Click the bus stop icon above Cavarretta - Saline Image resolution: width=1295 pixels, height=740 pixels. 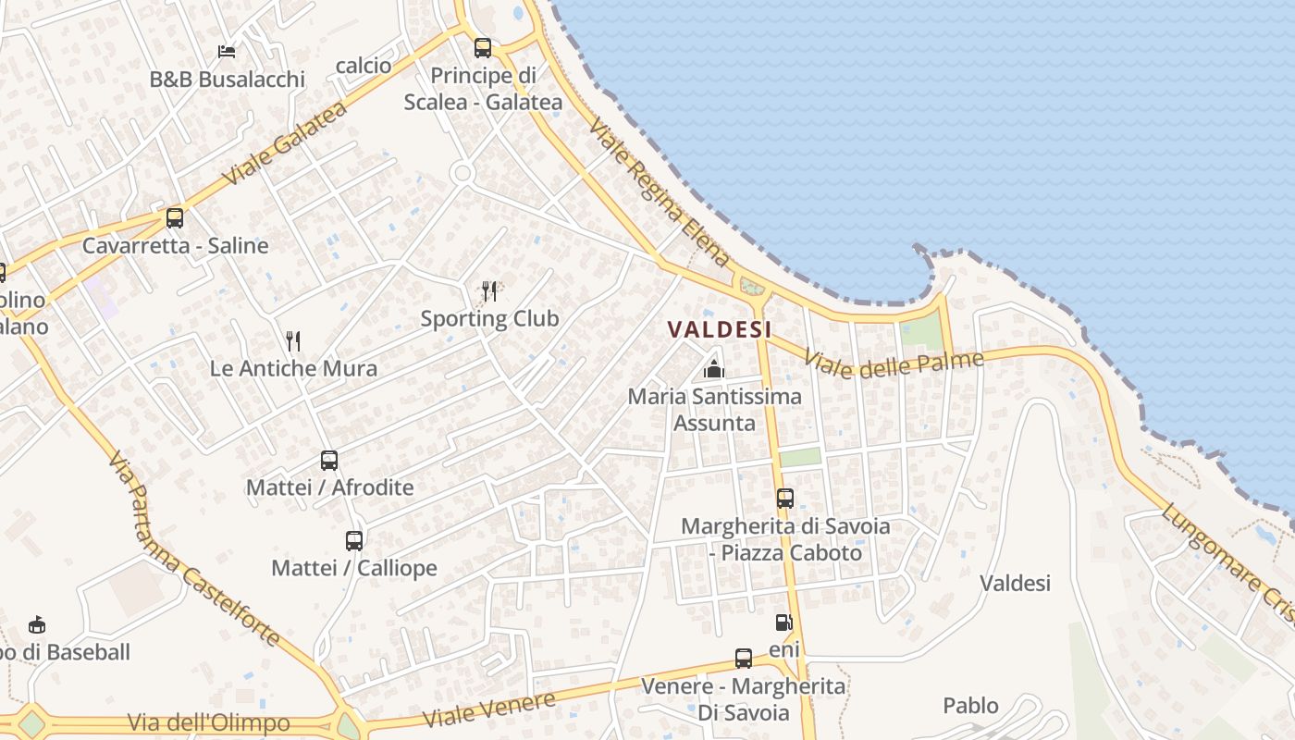click(x=174, y=218)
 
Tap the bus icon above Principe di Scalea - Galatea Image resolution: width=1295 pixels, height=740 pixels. click(x=483, y=48)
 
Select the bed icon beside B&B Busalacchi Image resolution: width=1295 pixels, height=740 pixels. click(x=227, y=52)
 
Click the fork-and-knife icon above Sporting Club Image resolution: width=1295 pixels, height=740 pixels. click(x=489, y=291)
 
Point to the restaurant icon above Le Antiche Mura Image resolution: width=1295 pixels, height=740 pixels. click(x=293, y=341)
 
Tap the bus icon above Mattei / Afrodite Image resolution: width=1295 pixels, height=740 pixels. click(x=329, y=460)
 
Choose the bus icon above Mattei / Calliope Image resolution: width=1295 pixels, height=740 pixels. click(x=354, y=540)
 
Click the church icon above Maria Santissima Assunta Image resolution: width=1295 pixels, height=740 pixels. click(x=713, y=370)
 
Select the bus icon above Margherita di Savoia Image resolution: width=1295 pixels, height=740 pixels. click(x=785, y=499)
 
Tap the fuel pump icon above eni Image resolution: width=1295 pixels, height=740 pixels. click(x=783, y=623)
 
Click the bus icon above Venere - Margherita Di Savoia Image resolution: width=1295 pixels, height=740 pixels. click(x=744, y=659)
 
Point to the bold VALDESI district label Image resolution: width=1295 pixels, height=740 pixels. click(x=720, y=329)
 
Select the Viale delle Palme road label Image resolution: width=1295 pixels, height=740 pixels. click(x=893, y=363)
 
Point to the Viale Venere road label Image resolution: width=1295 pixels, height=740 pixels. click(x=489, y=709)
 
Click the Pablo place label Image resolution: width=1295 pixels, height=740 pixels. click(x=970, y=706)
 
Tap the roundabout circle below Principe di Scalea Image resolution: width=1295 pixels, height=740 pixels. click(x=462, y=173)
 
